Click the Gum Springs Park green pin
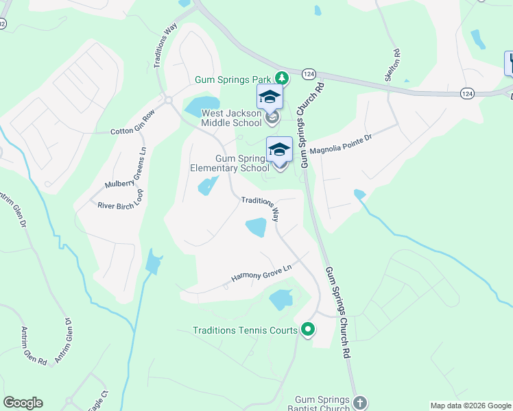point(281,78)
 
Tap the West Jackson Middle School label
point(230,118)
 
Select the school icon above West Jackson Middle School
point(270,97)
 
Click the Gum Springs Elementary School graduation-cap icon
point(279,149)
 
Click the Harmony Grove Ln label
point(261,275)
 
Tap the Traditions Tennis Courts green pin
point(308,330)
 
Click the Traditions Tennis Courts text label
point(245,331)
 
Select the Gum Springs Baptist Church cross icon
point(361,402)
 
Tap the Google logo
point(23,403)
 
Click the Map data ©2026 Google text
point(469,406)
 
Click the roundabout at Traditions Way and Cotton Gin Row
point(168,101)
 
